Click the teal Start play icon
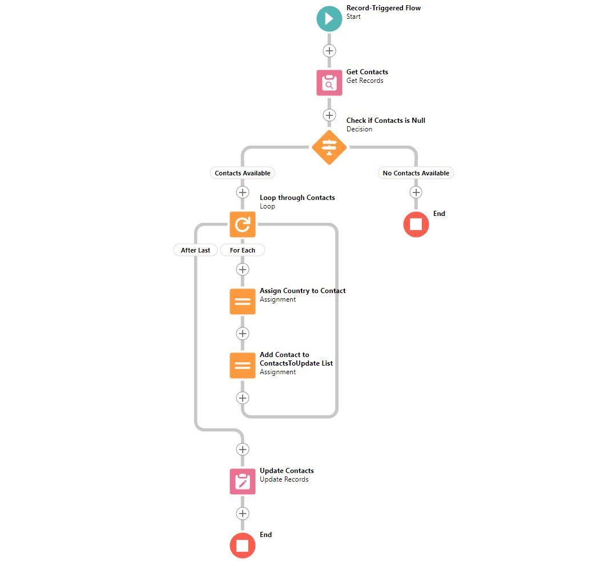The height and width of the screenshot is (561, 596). (x=329, y=18)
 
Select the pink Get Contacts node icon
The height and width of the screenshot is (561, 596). (x=329, y=83)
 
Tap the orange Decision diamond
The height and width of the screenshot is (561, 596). (x=329, y=147)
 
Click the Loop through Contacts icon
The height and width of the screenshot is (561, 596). (x=243, y=225)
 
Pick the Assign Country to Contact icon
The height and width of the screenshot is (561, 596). (x=243, y=302)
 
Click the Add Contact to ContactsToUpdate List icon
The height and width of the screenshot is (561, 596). (x=243, y=366)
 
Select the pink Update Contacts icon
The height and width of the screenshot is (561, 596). (x=243, y=481)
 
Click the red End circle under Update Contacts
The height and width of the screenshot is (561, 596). (x=243, y=546)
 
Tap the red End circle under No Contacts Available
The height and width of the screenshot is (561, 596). (x=416, y=225)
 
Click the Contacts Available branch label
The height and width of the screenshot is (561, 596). (x=243, y=173)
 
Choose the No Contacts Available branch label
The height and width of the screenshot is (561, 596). (x=416, y=173)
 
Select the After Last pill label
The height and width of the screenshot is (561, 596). (x=195, y=250)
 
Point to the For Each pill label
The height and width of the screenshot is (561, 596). (x=243, y=250)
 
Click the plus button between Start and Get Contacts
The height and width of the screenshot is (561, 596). (x=329, y=51)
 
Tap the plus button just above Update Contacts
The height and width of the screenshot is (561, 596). (x=243, y=450)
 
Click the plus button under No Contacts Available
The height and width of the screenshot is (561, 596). (x=416, y=193)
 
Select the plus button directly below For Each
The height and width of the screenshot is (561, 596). (x=243, y=269)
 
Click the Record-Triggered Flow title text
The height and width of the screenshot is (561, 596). (x=383, y=8)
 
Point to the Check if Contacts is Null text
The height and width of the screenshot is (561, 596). (x=385, y=121)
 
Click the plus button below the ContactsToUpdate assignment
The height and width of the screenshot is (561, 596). (x=243, y=398)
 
